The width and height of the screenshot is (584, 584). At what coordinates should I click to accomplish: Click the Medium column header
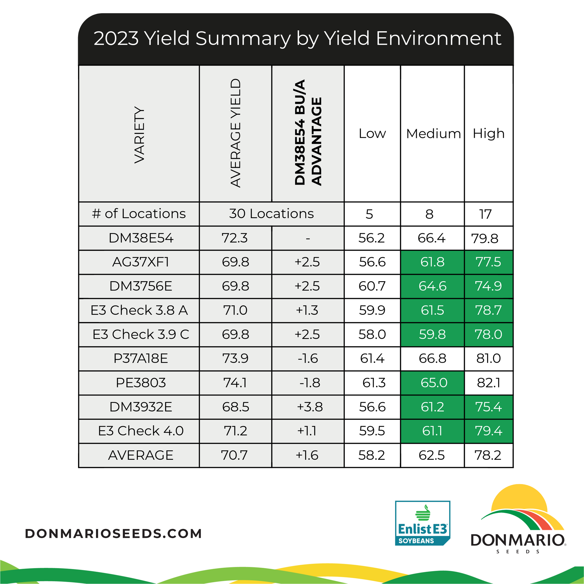tap(433, 134)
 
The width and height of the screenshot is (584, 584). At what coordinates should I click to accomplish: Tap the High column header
tap(489, 134)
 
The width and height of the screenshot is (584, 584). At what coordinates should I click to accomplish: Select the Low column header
tap(372, 134)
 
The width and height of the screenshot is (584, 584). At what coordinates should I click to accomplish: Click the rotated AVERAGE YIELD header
tap(236, 133)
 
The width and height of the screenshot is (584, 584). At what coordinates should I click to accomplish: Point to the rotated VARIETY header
tap(139, 135)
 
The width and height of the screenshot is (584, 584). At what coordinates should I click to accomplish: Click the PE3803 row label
tap(141, 383)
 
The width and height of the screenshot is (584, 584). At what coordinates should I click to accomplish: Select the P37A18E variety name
tap(140, 359)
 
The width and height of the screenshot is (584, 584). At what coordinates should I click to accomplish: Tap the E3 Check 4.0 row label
tap(141, 431)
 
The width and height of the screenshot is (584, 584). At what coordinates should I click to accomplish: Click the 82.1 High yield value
tap(489, 383)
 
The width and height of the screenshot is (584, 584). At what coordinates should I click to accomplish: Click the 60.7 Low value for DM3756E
tap(372, 286)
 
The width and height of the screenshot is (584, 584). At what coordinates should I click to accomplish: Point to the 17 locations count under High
tap(486, 214)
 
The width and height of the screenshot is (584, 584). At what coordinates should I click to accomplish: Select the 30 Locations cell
tap(272, 214)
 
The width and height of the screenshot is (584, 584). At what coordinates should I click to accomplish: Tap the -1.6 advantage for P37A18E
tap(308, 359)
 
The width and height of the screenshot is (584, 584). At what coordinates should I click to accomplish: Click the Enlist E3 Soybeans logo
tap(423, 523)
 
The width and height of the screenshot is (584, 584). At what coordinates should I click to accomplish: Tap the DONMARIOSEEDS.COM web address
tap(113, 534)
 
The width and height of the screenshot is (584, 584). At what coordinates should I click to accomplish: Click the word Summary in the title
tap(243, 39)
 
